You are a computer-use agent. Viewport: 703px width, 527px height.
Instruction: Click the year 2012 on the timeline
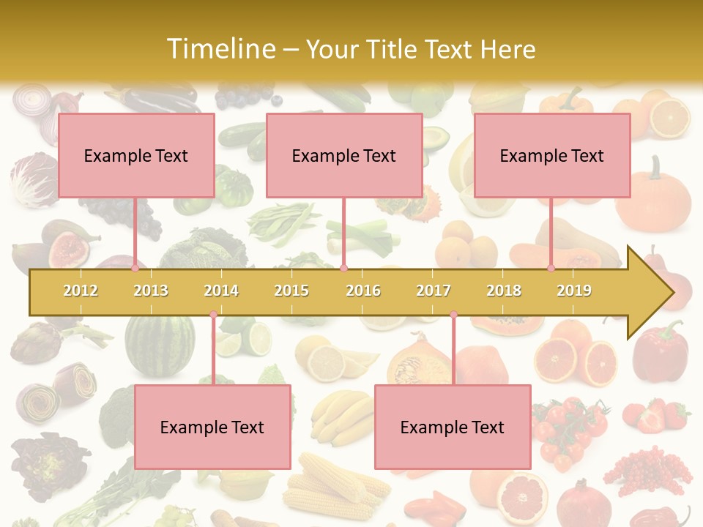(81, 291)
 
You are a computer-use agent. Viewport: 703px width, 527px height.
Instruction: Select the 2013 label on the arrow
(151, 291)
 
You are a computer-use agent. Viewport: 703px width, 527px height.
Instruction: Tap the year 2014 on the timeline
(221, 291)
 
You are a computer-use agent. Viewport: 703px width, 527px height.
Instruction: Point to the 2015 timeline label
(291, 291)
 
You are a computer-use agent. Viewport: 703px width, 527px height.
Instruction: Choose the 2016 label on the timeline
(363, 291)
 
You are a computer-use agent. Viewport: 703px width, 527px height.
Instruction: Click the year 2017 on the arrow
(434, 291)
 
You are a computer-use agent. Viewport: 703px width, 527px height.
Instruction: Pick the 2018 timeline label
(504, 291)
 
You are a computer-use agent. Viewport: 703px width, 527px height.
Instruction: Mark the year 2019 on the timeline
(574, 291)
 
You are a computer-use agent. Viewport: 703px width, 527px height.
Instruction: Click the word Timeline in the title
(220, 49)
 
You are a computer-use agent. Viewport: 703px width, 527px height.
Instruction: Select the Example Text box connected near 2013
(136, 155)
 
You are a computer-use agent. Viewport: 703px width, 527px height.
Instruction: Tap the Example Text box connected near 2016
(344, 155)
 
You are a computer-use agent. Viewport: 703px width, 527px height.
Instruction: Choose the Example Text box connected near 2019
(552, 155)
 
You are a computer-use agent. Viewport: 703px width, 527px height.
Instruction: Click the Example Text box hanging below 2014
(212, 427)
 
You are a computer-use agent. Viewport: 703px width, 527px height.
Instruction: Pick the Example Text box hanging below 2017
(453, 427)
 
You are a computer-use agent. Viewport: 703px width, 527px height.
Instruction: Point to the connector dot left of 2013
(135, 269)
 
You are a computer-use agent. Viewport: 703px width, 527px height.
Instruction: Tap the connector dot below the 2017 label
(453, 315)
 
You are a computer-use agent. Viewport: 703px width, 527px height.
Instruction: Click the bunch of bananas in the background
(340, 417)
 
